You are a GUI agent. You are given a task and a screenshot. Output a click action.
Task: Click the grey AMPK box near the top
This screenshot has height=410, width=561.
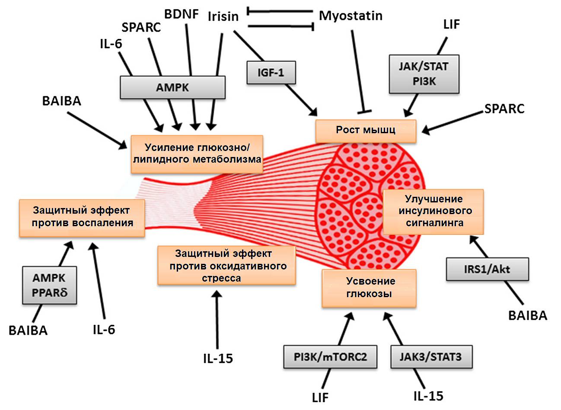172,87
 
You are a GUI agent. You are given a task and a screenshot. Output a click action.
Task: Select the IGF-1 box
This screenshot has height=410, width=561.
271,72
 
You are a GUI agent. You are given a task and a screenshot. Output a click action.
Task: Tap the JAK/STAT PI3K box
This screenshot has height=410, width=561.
424,74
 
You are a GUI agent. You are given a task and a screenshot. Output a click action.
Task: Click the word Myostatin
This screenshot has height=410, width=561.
351,16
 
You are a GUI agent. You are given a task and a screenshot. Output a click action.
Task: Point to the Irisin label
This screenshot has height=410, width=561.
223,16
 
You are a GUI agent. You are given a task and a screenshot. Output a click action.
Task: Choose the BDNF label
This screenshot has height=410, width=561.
182,14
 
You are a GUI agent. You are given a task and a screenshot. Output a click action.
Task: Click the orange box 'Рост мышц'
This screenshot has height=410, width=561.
366,130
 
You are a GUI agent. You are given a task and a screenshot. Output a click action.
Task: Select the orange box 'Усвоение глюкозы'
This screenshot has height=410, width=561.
369,288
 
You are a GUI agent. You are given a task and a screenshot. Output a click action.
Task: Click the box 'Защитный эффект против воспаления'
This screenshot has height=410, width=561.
82,217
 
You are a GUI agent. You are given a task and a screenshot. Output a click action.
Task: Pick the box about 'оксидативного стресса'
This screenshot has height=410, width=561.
226,265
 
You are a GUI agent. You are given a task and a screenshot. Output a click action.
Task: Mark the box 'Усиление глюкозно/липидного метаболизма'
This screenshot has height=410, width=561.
197,154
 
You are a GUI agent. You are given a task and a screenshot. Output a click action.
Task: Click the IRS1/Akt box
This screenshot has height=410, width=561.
487,269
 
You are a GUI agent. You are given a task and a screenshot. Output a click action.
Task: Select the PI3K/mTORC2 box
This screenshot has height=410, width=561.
330,357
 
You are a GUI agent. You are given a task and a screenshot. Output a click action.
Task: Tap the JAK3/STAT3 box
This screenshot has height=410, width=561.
430,357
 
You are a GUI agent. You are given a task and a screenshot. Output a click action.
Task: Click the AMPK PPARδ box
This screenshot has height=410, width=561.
50,285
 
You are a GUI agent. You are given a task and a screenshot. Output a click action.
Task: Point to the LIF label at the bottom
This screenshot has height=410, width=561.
320,397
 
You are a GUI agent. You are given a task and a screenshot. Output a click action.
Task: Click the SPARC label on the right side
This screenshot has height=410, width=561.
504,109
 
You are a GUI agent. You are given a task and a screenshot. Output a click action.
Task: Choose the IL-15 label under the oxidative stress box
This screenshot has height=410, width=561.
218,358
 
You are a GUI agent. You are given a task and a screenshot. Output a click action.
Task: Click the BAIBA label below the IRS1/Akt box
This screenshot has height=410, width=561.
527,315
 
